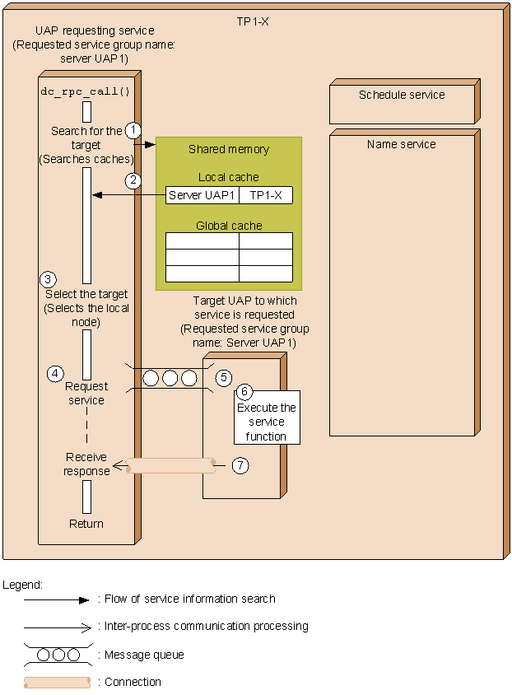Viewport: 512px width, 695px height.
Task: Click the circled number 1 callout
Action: (x=133, y=129)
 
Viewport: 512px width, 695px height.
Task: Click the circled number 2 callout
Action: (x=133, y=180)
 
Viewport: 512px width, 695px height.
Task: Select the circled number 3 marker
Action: (x=49, y=279)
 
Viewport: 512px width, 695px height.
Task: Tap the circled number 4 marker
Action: (x=54, y=374)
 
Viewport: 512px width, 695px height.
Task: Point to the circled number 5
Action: (x=224, y=378)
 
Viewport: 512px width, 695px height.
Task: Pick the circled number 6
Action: (x=244, y=392)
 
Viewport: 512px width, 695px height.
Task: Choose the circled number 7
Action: (x=240, y=465)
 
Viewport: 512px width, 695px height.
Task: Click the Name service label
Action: (x=402, y=144)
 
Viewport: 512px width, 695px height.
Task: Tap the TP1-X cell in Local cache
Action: (x=265, y=195)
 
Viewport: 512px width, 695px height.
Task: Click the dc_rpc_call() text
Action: (x=86, y=91)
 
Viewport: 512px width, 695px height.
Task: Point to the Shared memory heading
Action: (x=229, y=149)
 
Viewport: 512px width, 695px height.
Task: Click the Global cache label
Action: (x=229, y=226)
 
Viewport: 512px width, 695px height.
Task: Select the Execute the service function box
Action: (x=266, y=422)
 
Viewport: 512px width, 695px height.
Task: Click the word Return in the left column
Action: (x=86, y=524)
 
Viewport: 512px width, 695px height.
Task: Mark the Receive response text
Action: (x=86, y=464)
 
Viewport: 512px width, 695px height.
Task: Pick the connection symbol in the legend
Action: (x=57, y=682)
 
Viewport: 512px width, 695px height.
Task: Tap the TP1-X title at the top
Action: (x=247, y=21)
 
